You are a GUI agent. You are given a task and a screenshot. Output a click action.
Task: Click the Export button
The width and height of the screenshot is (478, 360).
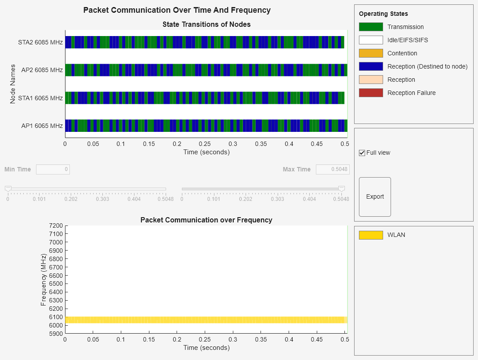click(x=375, y=196)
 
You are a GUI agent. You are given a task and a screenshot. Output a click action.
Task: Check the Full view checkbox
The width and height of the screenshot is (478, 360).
click(x=362, y=153)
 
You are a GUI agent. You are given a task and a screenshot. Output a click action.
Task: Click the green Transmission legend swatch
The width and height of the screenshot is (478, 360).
click(x=371, y=27)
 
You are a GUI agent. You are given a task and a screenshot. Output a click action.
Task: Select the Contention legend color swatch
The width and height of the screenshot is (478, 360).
click(x=371, y=53)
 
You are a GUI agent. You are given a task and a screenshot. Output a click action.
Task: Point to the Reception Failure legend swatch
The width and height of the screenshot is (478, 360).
click(x=371, y=93)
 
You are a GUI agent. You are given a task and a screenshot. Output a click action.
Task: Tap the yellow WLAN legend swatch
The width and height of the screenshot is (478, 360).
click(x=371, y=235)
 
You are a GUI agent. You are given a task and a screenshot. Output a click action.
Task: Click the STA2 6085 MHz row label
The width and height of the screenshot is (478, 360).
click(x=40, y=43)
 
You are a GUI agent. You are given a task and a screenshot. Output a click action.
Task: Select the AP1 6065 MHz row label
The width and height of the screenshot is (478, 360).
click(x=42, y=126)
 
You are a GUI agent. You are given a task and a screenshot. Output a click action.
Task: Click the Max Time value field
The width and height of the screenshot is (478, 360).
click(x=333, y=169)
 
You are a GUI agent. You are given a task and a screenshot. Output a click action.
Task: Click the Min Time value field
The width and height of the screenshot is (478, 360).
click(x=53, y=169)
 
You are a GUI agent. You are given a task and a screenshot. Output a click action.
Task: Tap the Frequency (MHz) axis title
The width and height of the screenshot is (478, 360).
click(x=43, y=280)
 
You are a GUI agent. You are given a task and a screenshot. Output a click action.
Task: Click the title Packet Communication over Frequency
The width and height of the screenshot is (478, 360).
click(x=206, y=220)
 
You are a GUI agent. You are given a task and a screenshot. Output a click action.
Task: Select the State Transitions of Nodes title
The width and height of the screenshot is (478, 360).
click(x=206, y=24)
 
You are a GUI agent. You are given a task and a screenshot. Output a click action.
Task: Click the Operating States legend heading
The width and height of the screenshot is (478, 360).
click(x=383, y=14)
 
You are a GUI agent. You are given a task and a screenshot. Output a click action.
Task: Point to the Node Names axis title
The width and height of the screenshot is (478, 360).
click(x=13, y=84)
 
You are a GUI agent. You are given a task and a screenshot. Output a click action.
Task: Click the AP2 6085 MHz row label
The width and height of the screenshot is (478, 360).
click(x=42, y=70)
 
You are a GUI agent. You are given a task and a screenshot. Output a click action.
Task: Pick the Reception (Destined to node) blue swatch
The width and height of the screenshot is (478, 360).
click(x=371, y=66)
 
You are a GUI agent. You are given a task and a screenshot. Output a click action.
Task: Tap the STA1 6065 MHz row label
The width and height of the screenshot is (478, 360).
click(x=40, y=98)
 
